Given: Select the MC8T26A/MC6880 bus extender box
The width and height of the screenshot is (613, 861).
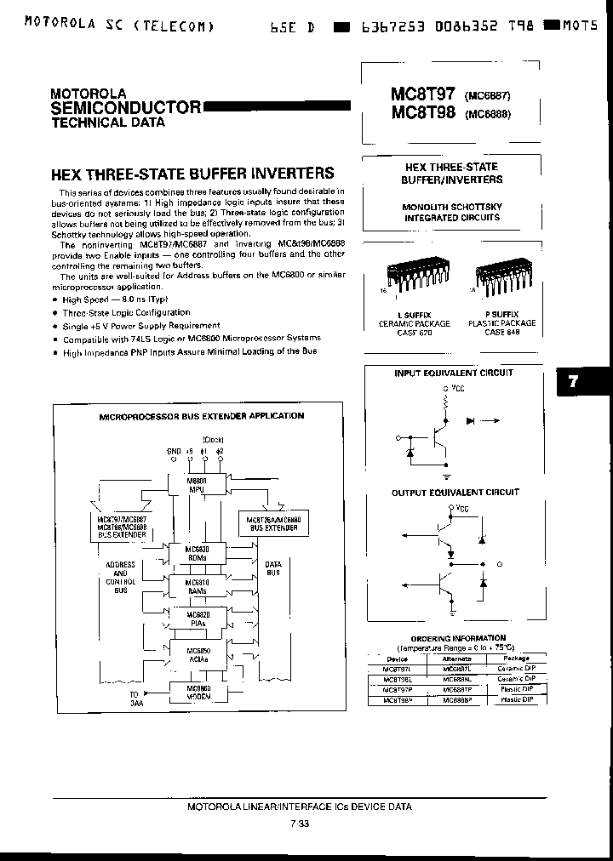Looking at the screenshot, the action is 272,522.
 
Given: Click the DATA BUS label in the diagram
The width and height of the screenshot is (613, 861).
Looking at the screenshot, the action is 272,568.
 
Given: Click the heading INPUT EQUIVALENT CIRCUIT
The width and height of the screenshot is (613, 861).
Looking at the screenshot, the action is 454,373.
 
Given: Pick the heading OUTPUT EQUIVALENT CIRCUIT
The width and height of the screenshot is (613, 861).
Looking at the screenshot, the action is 455,493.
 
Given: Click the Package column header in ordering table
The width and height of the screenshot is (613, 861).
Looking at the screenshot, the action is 516,658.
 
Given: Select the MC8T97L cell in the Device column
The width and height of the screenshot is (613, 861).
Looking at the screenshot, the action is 397,669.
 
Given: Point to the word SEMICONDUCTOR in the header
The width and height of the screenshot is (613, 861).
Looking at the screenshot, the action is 125,107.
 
